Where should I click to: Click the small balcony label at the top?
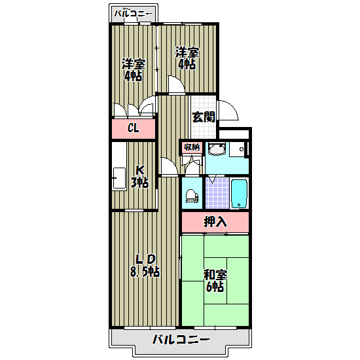pyautogui.click(x=134, y=13)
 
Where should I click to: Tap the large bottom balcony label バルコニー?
pyautogui.click(x=181, y=340)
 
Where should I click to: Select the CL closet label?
pyautogui.click(x=133, y=128)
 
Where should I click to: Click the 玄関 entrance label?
pyautogui.click(x=203, y=117)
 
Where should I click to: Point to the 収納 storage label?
pyautogui.click(x=191, y=147)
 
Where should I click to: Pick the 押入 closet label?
pyautogui.click(x=215, y=222)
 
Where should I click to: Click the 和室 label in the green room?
pyautogui.click(x=214, y=275)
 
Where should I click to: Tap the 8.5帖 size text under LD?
pyautogui.click(x=144, y=271)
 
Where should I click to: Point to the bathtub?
pyautogui.click(x=240, y=192)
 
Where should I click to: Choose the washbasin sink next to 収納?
pyautogui.click(x=217, y=150)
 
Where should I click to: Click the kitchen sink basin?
pyautogui.click(x=119, y=177)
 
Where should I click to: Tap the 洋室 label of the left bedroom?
pyautogui.click(x=133, y=64)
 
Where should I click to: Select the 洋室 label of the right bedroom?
pyautogui.click(x=187, y=52)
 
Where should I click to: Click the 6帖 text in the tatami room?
pyautogui.click(x=214, y=287)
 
